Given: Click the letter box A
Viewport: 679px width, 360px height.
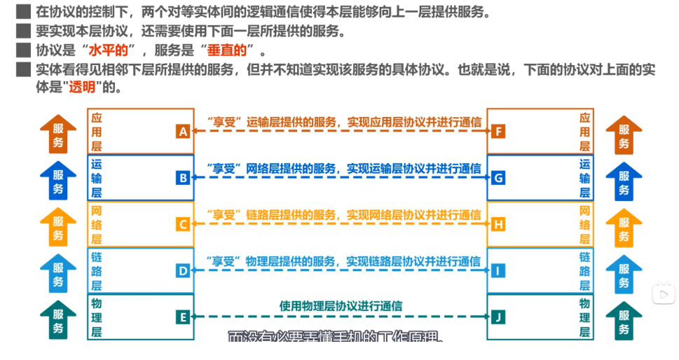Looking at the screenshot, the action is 183,131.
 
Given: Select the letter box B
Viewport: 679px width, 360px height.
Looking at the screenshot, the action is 183,178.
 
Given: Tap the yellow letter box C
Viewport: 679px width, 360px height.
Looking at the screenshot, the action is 183,224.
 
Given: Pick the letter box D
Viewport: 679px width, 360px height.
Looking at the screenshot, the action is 183,270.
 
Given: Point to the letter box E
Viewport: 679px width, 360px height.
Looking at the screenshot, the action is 183,317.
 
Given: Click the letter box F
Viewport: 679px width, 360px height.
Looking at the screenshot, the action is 498,131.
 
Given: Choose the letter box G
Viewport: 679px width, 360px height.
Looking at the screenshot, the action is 498,178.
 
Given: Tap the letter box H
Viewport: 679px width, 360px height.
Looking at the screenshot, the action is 498,224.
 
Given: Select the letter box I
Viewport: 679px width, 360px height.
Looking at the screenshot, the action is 498,270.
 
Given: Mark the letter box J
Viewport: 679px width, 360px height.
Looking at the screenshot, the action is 498,317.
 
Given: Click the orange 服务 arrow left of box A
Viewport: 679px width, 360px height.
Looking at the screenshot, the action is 59,134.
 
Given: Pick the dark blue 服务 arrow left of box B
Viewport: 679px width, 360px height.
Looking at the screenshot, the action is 59,181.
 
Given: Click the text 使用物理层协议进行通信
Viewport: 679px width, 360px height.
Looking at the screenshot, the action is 341,306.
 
